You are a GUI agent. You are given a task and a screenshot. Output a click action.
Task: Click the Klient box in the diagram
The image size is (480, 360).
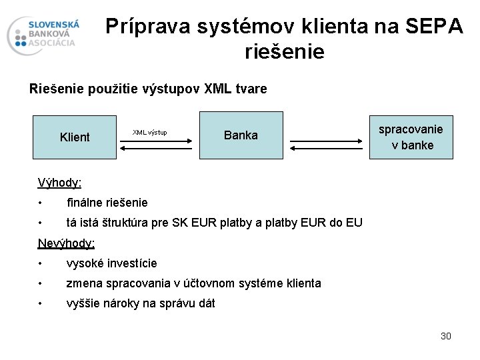tap(75, 136)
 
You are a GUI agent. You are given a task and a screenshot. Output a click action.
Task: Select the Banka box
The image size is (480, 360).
tap(241, 135)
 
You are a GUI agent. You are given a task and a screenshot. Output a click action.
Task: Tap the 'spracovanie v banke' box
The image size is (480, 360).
tap(411, 136)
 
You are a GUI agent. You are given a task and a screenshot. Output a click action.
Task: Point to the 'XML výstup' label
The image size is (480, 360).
tap(149, 132)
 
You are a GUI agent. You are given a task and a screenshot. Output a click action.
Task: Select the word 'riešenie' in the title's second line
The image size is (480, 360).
tap(285, 51)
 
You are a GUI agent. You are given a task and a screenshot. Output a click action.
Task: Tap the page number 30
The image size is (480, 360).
tap(445, 336)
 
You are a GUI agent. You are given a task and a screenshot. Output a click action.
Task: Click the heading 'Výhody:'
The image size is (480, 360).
tap(60, 182)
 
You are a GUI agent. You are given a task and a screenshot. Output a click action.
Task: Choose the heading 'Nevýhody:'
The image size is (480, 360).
tap(67, 243)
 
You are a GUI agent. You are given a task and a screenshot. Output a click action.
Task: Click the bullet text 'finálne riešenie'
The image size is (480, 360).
tap(107, 202)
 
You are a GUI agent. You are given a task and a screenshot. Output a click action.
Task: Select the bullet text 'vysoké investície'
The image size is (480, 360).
tap(112, 263)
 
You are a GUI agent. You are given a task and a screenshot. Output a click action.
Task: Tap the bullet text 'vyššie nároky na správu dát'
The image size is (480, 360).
tap(141, 304)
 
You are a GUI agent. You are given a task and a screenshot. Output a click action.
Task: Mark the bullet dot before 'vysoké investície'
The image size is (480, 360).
tap(41, 263)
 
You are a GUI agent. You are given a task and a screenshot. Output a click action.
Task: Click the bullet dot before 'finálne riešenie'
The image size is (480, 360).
tap(41, 202)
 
